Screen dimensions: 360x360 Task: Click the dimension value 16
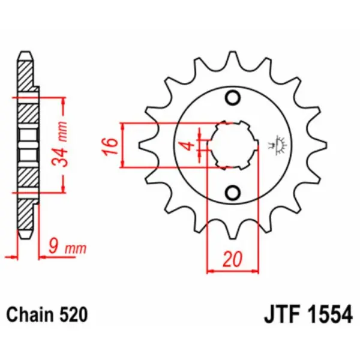point(109,145)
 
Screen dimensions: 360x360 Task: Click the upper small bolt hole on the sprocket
point(233,98)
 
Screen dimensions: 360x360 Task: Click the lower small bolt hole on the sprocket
point(233,192)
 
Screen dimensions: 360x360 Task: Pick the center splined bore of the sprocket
point(233,145)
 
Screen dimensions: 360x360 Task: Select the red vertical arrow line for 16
point(124,145)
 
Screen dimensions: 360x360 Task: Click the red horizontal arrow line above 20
point(233,272)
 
